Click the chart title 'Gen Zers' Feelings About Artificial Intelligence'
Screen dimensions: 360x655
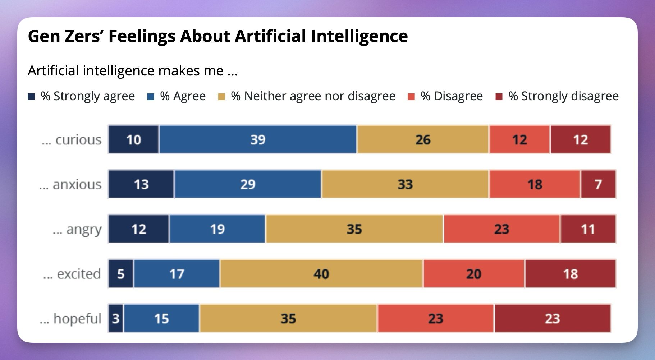point(217,36)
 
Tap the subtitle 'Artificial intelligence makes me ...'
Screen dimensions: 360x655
point(133,71)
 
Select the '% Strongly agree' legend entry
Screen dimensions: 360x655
point(82,96)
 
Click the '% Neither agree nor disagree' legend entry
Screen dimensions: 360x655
point(307,96)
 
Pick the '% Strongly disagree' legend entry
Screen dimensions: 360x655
point(557,96)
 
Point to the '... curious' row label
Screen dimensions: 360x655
point(72,140)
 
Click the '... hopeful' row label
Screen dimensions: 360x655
point(70,319)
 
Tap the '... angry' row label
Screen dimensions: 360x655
point(77,229)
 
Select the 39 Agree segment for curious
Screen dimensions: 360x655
point(258,140)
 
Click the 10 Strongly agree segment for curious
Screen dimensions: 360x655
point(133,140)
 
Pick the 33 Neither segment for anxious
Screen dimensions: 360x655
point(405,184)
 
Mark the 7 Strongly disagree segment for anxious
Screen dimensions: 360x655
point(598,184)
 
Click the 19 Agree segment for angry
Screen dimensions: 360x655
point(217,229)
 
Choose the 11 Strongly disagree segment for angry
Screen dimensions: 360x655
point(588,229)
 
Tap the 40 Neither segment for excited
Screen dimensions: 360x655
point(321,274)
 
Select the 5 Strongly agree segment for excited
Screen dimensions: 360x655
point(121,274)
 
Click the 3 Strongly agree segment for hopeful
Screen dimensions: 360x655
point(116,319)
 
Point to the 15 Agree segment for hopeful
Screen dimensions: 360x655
point(161,319)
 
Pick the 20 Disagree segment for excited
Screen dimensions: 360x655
point(473,274)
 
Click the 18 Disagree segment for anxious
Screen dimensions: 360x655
point(534,184)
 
